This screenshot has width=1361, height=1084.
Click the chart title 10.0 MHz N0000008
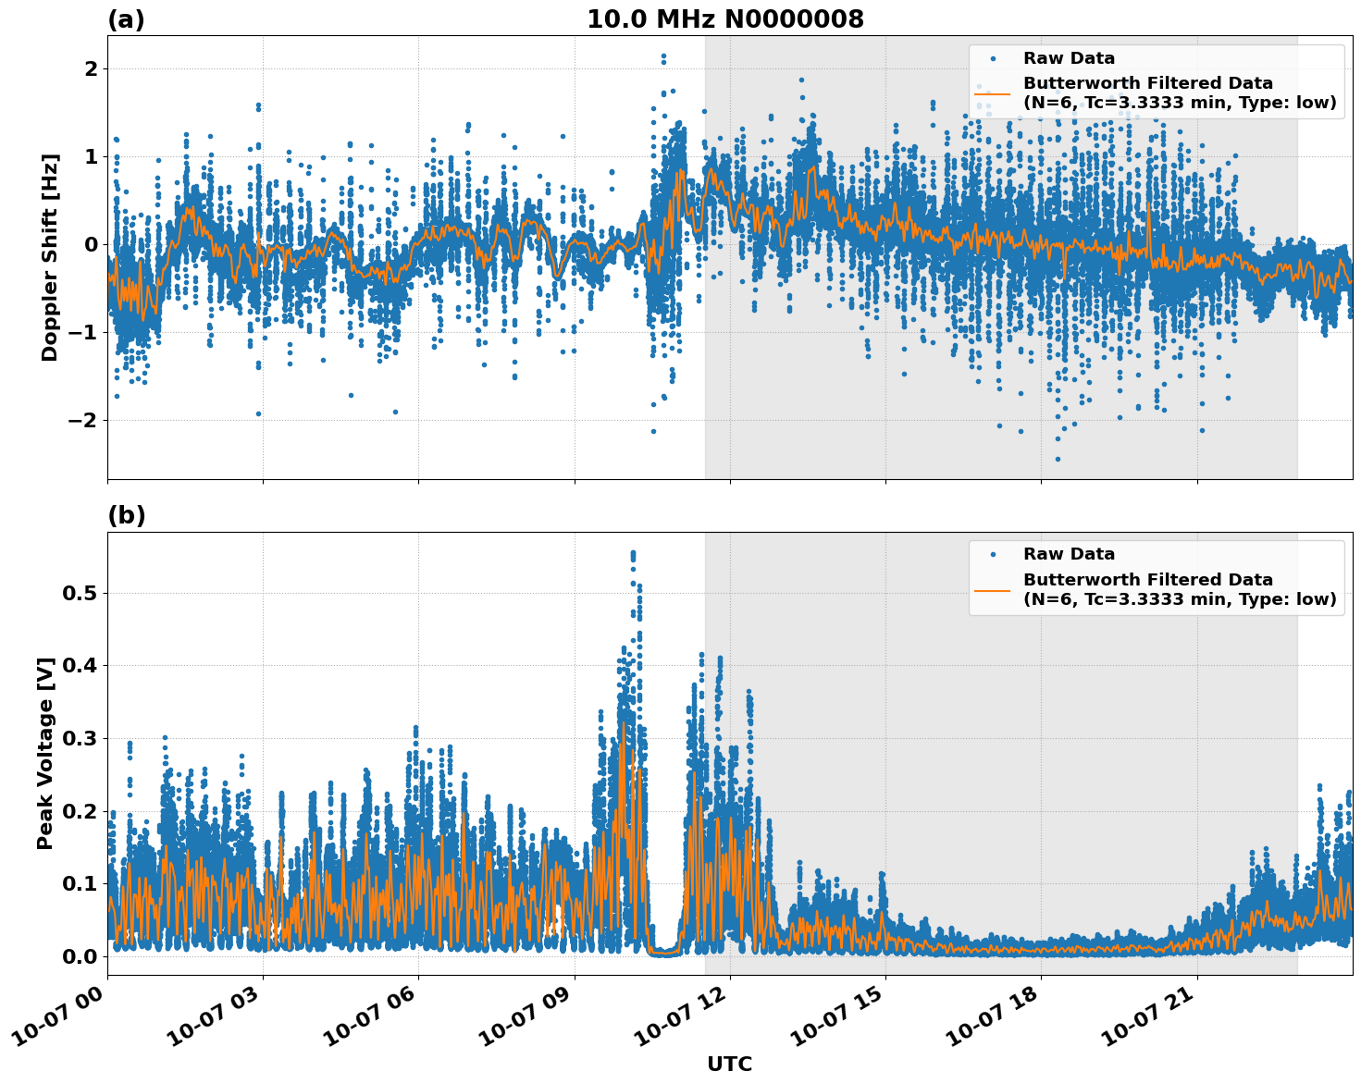point(724,19)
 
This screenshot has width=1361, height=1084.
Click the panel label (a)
point(126,19)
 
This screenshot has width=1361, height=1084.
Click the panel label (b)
point(126,515)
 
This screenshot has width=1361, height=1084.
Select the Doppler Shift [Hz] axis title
point(49,257)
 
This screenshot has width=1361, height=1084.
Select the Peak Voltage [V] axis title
point(45,753)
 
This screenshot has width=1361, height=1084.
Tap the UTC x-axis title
point(729,1064)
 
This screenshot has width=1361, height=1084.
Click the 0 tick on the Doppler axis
point(91,244)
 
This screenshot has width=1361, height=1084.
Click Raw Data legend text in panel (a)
point(1069,58)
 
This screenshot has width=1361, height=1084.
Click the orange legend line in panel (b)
point(992,589)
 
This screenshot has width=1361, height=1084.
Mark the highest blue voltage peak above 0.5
point(633,553)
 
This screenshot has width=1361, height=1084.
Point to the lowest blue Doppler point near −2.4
point(1058,459)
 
